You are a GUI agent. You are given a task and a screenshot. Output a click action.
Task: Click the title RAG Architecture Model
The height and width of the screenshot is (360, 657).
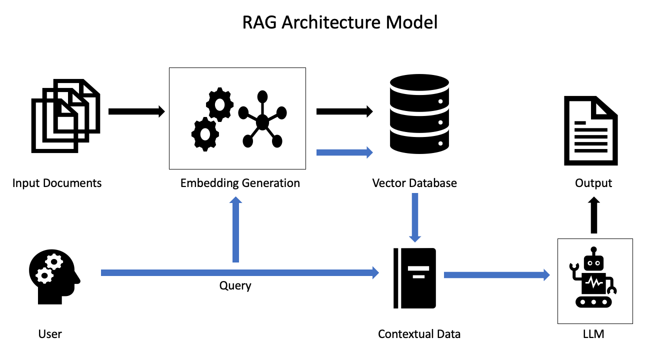[340, 22]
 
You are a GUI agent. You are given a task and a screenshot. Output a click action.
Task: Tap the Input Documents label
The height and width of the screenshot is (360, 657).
[57, 183]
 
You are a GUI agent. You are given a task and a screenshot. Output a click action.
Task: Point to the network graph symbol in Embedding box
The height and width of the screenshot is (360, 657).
[262, 120]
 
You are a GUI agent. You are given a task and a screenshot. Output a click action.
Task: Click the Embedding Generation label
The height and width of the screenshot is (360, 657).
[240, 183]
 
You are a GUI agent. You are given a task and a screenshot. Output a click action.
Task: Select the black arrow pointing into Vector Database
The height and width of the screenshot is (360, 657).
[344, 111]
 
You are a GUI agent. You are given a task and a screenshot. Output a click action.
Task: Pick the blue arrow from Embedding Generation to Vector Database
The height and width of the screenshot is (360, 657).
[344, 152]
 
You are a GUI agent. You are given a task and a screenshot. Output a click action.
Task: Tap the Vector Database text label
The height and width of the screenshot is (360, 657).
[414, 183]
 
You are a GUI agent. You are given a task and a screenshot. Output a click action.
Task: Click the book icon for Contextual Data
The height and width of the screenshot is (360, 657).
[414, 278]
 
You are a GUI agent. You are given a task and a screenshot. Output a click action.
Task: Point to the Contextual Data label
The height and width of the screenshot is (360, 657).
[419, 334]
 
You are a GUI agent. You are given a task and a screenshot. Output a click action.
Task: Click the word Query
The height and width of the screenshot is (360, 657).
[235, 286]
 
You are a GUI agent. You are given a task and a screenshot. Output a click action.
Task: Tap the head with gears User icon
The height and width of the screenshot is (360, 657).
[54, 277]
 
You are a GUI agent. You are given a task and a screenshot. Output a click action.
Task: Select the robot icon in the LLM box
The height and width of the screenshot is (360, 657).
[594, 278]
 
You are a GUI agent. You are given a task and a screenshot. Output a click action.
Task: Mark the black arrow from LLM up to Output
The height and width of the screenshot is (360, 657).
[593, 215]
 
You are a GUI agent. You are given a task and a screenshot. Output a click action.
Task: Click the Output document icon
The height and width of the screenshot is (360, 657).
[590, 131]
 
